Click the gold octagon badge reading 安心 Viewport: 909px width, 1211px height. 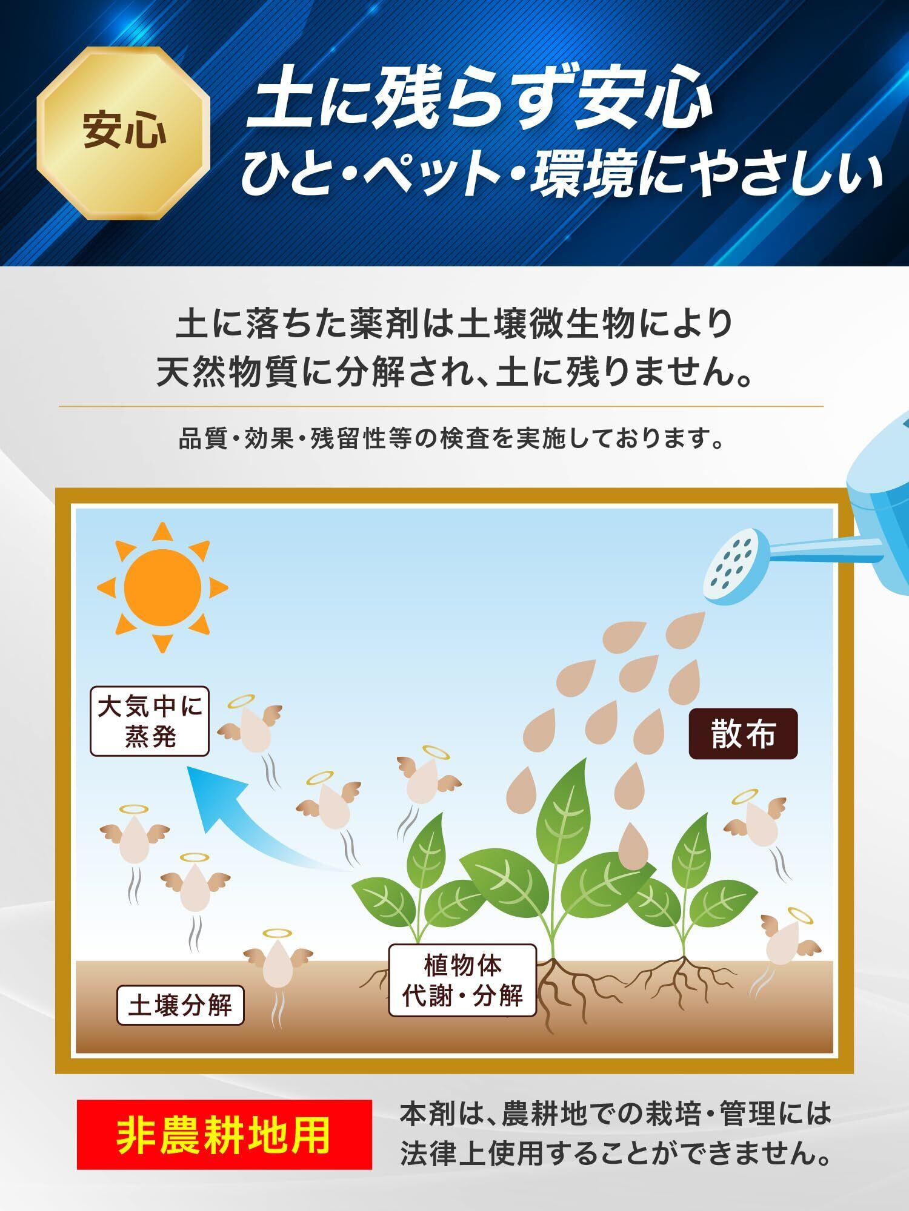pyautogui.click(x=124, y=133)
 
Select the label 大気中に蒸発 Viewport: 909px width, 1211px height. pyautogui.click(x=150, y=721)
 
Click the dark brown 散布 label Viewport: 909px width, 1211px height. pyautogui.click(x=743, y=734)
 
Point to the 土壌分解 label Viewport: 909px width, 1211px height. pyautogui.click(x=181, y=1006)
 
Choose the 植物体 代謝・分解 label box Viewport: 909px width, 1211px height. pyautogui.click(x=462, y=980)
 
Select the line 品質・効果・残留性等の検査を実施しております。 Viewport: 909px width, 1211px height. pyautogui.click(x=451, y=439)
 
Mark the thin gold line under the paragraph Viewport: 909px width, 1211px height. pyautogui.click(x=441, y=406)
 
